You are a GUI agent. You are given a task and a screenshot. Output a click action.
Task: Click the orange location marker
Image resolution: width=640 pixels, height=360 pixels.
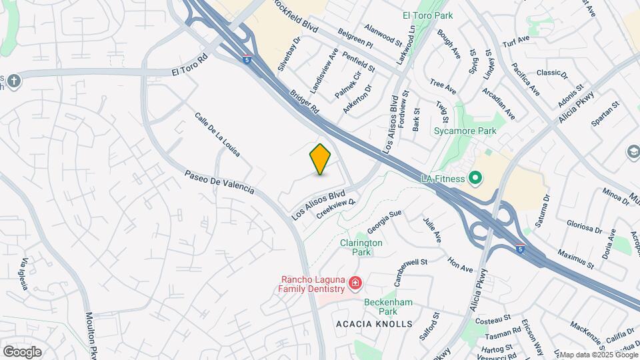pyautogui.click(x=321, y=159)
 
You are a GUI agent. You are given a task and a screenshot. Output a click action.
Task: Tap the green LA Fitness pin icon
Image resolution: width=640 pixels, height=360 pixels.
pyautogui.click(x=475, y=178)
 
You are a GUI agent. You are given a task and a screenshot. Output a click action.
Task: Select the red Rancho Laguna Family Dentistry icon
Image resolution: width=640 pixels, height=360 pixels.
pyautogui.click(x=355, y=284)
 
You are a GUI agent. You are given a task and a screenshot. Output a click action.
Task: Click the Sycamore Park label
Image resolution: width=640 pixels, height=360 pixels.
pyautogui.click(x=465, y=131)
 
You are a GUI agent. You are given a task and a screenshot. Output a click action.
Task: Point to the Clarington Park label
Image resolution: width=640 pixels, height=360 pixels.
pyautogui.click(x=361, y=247)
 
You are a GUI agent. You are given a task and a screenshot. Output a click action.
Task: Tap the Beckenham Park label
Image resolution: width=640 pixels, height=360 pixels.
pyautogui.click(x=389, y=307)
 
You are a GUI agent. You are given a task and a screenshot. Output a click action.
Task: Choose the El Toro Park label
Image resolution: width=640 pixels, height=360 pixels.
pyautogui.click(x=427, y=15)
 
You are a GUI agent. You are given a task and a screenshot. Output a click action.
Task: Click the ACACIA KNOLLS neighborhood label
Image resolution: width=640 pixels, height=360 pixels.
pyautogui.click(x=374, y=324)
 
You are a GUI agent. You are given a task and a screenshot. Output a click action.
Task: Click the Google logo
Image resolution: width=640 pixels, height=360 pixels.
pyautogui.click(x=22, y=351)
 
